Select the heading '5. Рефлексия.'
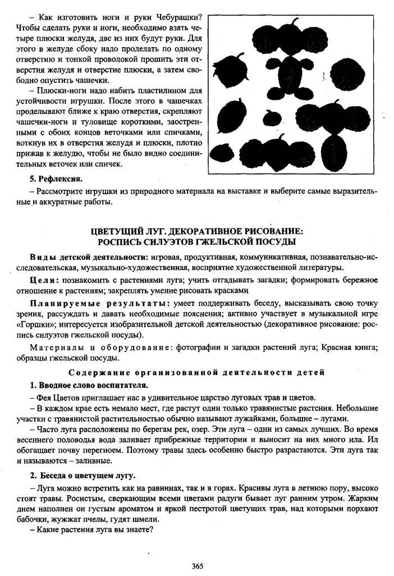56,179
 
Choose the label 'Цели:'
43,279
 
